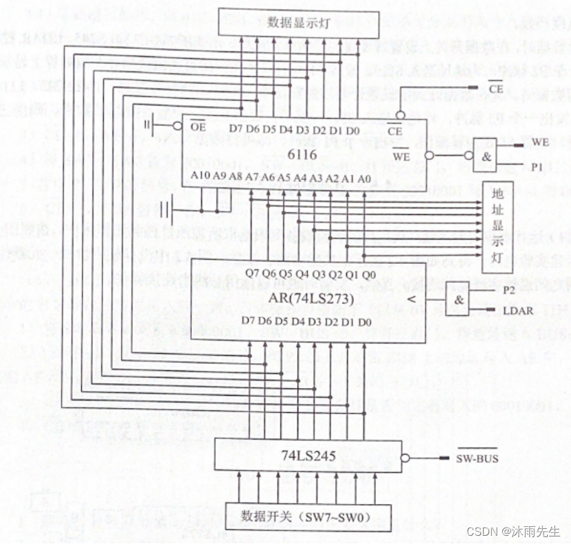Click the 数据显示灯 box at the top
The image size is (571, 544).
[300, 23]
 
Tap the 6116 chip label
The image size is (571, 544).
[302, 155]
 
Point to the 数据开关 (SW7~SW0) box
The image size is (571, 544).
[309, 517]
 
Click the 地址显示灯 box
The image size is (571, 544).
[497, 228]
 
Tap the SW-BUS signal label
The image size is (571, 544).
[477, 458]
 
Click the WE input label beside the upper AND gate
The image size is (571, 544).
[540, 142]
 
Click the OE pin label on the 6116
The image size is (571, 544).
[198, 126]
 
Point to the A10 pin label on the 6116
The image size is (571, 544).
[200, 176]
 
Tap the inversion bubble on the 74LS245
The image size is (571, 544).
[406, 459]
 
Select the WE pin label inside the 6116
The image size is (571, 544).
[401, 156]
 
